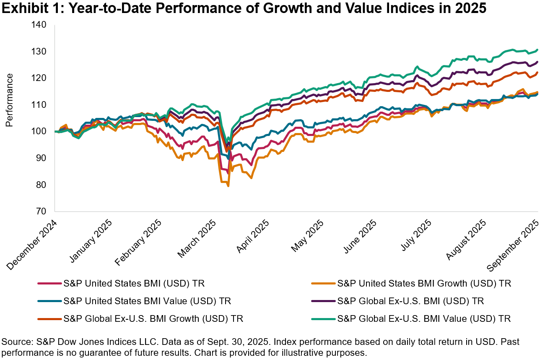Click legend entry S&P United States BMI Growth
click(x=424, y=283)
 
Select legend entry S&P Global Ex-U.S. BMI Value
click(x=424, y=318)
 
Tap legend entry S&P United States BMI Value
click(x=147, y=301)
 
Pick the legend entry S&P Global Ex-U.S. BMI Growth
click(x=153, y=318)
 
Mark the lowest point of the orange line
click(x=228, y=186)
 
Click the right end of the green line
click(x=537, y=50)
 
